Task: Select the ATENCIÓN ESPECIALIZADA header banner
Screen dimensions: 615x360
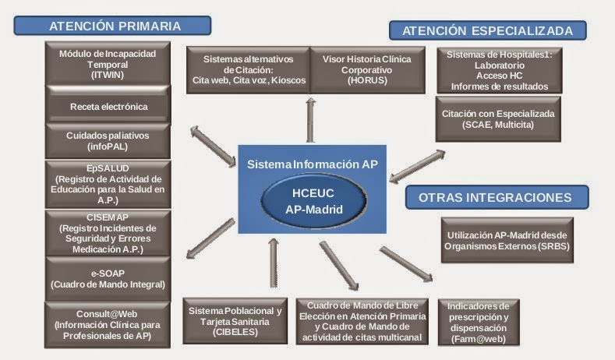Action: point(488,31)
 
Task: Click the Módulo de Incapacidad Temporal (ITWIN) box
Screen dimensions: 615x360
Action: point(108,65)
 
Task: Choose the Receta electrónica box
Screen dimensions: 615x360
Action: point(108,106)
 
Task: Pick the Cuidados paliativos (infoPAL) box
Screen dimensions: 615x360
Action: point(108,140)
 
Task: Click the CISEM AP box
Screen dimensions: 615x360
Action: point(108,232)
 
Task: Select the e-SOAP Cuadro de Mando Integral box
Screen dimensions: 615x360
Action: point(108,277)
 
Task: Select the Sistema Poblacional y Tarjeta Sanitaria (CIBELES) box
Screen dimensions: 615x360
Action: point(235,321)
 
